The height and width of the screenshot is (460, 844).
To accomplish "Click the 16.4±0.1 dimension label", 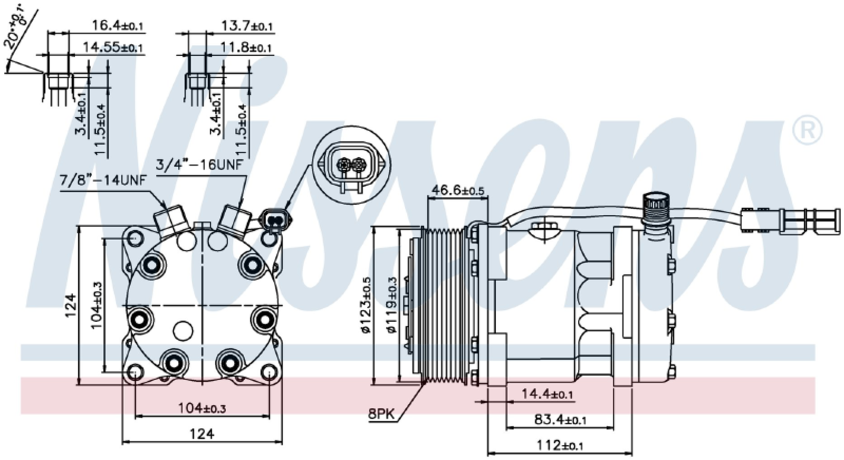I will click(x=118, y=25).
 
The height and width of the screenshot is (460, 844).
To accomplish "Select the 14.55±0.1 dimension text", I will click(x=113, y=47).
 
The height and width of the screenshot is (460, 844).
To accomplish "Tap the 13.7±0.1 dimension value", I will click(x=247, y=25).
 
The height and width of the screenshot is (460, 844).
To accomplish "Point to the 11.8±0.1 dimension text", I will click(x=245, y=47).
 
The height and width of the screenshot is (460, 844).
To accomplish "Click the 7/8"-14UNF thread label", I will click(x=103, y=182).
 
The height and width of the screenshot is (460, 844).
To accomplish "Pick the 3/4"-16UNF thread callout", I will click(x=199, y=165).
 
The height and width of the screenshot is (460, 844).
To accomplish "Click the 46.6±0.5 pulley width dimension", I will click(x=457, y=190).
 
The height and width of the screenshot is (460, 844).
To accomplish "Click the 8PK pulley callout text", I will click(x=382, y=415).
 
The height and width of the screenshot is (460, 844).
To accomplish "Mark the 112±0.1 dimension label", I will click(x=560, y=445).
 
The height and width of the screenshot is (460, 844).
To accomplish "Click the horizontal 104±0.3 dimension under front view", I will click(x=202, y=408).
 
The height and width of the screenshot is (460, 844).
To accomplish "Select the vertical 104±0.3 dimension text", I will click(x=97, y=305).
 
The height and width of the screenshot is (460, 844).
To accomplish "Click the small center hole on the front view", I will click(x=183, y=331).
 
